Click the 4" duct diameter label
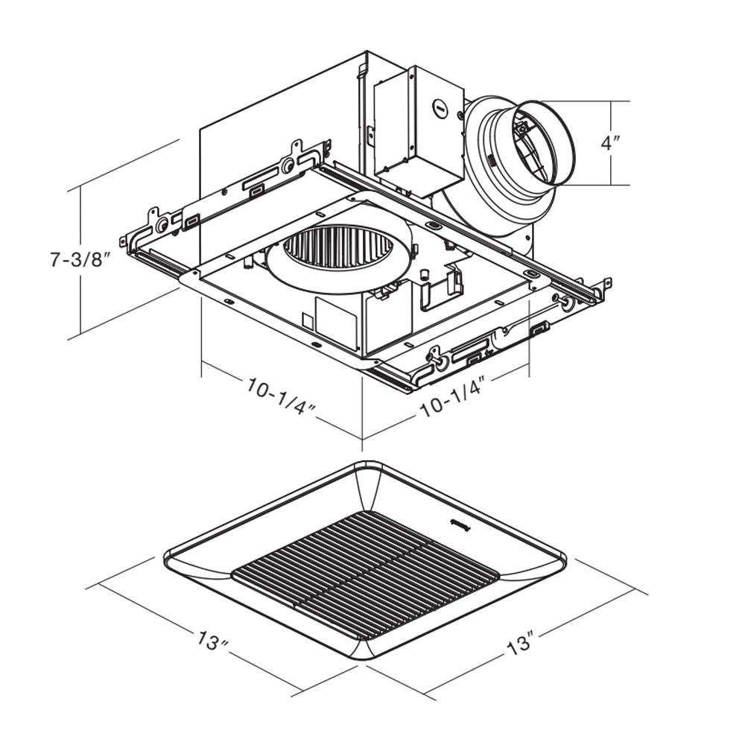(x=612, y=142)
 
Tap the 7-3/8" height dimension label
(x=80, y=261)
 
